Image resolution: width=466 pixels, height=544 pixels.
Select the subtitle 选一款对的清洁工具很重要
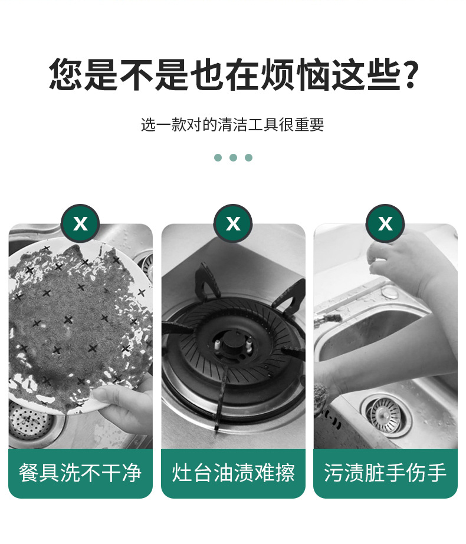[232, 124]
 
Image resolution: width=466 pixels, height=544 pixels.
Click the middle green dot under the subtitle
[234, 158]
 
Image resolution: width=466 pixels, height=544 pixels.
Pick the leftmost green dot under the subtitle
[218, 158]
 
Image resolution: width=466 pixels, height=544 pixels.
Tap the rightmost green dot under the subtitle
[248, 158]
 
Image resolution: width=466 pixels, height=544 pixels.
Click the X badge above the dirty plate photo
[80, 223]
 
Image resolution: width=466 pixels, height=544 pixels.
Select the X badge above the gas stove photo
[233, 223]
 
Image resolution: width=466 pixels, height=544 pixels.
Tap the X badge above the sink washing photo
[385, 223]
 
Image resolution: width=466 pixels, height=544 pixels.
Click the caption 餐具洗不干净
[80, 473]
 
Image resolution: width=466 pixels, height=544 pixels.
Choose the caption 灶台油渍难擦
[234, 473]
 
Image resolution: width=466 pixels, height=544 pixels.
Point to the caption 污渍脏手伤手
[385, 473]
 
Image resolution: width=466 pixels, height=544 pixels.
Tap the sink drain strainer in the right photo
[385, 416]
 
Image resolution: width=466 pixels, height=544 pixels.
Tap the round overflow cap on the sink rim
[391, 292]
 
